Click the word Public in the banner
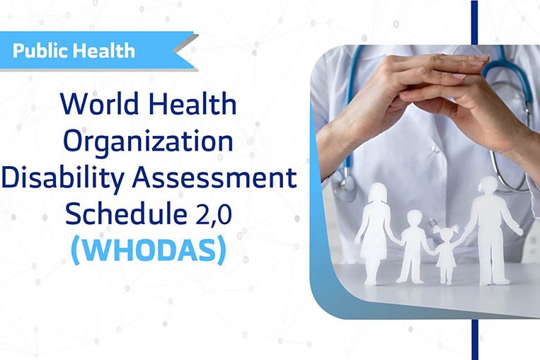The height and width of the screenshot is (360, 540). [x=40, y=52]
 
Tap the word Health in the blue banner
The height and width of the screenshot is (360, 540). [x=104, y=50]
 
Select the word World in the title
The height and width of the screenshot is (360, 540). [x=100, y=103]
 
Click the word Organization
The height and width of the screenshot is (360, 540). [x=149, y=141]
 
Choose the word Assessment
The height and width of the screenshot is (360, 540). [x=214, y=178]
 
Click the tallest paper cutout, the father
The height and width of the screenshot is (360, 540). [x=490, y=231]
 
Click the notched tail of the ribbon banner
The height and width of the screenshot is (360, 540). [x=186, y=52]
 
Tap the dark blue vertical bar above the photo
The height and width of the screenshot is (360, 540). [x=475, y=23]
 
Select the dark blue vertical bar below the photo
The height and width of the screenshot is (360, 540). [x=475, y=339]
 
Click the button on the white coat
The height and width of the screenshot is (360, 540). [x=437, y=149]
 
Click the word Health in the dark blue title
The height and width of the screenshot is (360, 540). [x=193, y=103]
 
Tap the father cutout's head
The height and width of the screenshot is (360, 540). [x=488, y=186]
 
